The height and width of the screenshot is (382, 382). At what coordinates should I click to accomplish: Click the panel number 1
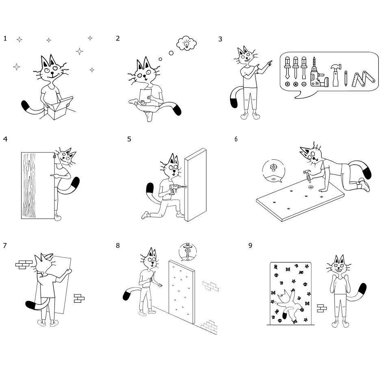point(5,39)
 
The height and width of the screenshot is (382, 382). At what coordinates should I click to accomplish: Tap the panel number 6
point(236,139)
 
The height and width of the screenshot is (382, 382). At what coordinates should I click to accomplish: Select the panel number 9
point(250,245)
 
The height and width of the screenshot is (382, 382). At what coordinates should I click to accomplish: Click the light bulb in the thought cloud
point(187,45)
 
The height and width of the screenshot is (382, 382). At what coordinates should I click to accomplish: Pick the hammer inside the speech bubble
point(336,75)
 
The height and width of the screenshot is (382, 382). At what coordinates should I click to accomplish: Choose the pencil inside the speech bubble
point(346,78)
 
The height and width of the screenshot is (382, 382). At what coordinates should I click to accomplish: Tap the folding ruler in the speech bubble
point(363,79)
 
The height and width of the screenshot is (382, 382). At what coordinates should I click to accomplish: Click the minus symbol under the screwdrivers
point(304,84)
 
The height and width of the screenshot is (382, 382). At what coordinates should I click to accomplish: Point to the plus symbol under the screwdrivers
point(287,84)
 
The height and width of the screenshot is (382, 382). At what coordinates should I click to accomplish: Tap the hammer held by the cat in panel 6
point(308,176)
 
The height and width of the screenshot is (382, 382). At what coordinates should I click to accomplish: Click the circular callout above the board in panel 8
point(187,252)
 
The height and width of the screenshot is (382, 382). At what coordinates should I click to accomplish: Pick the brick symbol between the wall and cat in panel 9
point(321,308)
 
